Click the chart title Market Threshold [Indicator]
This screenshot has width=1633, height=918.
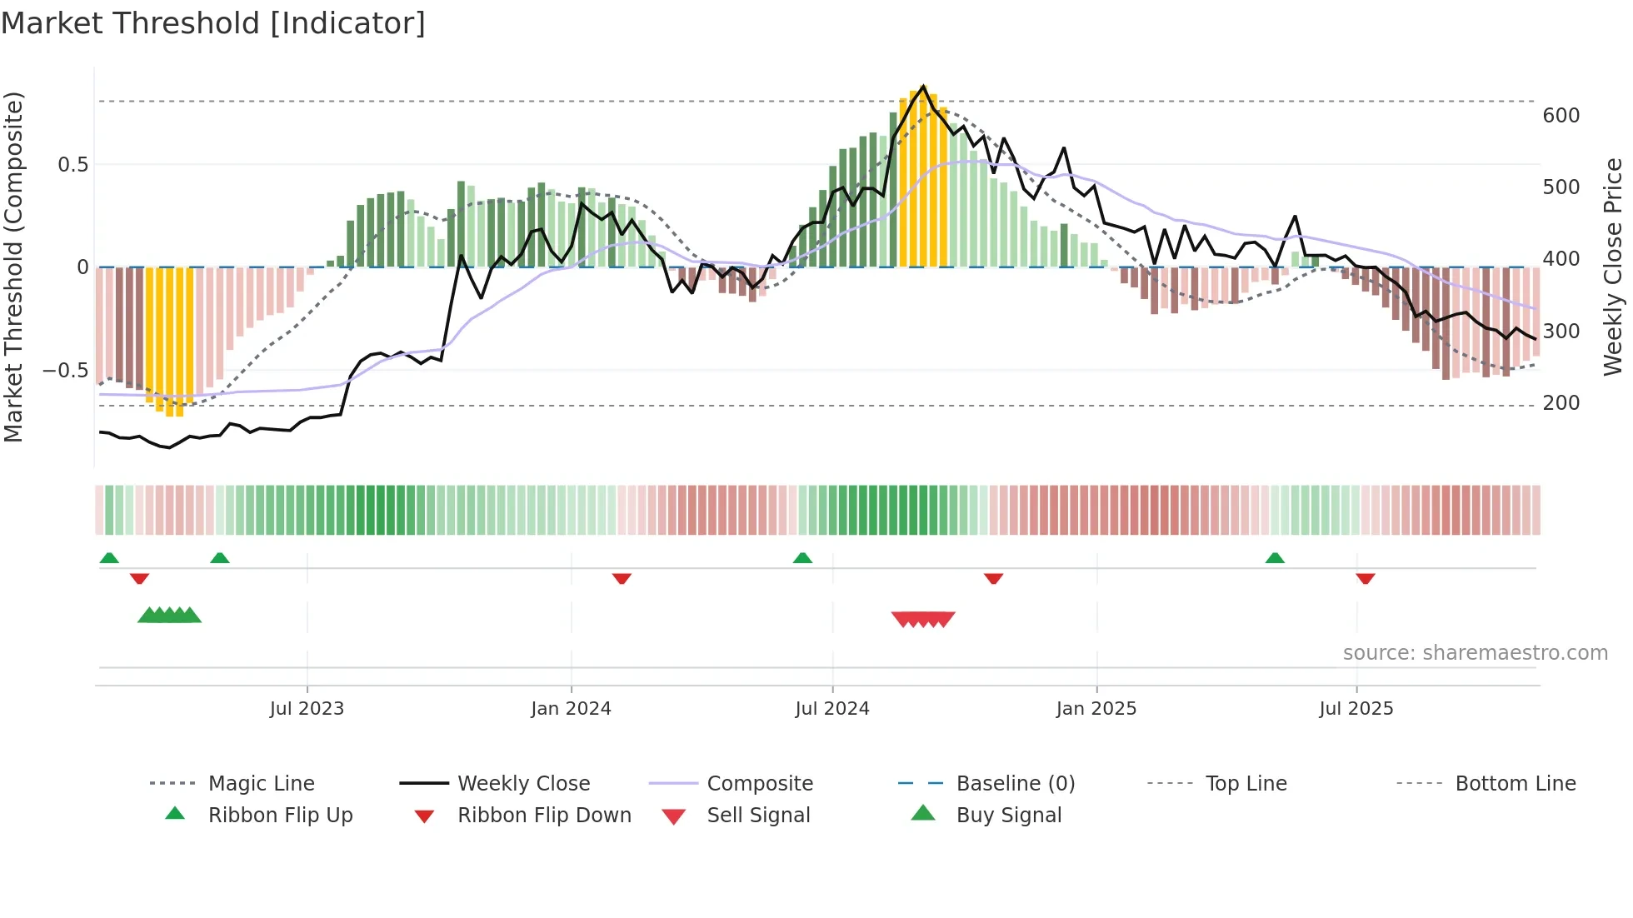click(x=213, y=23)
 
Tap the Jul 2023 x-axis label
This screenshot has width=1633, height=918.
click(x=307, y=709)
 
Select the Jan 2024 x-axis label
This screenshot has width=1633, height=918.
click(x=571, y=709)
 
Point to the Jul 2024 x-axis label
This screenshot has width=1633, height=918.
click(x=832, y=709)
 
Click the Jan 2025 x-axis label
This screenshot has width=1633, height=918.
click(x=1096, y=709)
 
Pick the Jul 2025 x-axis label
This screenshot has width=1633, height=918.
click(x=1356, y=709)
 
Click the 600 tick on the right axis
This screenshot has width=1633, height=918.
click(x=1561, y=116)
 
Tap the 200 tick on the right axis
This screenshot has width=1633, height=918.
click(x=1561, y=403)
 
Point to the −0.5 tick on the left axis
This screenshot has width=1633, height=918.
click(x=66, y=370)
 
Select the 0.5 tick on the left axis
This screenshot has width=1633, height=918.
click(x=72, y=165)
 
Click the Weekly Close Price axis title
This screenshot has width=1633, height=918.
click(x=1614, y=267)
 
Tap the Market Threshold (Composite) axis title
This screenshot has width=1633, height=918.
click(x=13, y=267)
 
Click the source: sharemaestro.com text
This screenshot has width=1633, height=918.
click(x=1475, y=653)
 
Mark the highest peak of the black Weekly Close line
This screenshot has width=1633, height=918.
click(x=923, y=86)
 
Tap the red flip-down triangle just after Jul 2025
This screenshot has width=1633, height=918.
click(x=1365, y=578)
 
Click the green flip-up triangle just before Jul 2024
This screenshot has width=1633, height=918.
click(x=802, y=558)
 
